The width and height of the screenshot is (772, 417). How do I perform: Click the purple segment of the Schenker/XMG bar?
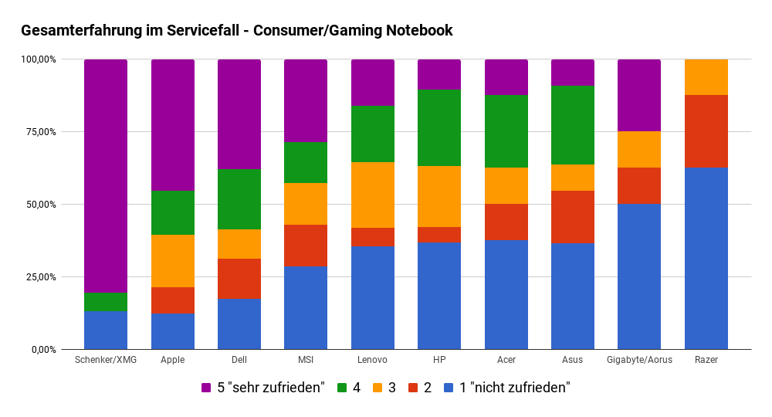106,176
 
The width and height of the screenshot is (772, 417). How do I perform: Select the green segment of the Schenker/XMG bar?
106,302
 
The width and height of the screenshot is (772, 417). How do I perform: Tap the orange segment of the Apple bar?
173,261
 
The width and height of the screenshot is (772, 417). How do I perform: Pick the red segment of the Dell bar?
239,279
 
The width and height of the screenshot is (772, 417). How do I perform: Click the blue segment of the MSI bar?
306,308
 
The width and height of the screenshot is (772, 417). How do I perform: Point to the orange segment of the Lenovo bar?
373,195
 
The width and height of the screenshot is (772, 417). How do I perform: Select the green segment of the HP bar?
439,127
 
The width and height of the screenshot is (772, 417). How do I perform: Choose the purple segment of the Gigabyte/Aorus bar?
639,95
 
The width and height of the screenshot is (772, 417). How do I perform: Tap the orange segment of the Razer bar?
706,77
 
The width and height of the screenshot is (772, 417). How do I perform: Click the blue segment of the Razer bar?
706,259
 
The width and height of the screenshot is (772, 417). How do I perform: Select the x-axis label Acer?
506,360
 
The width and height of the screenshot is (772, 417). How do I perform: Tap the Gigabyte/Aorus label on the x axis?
639,360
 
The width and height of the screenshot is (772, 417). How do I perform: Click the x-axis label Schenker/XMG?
106,360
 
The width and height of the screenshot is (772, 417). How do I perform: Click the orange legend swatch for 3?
378,388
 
